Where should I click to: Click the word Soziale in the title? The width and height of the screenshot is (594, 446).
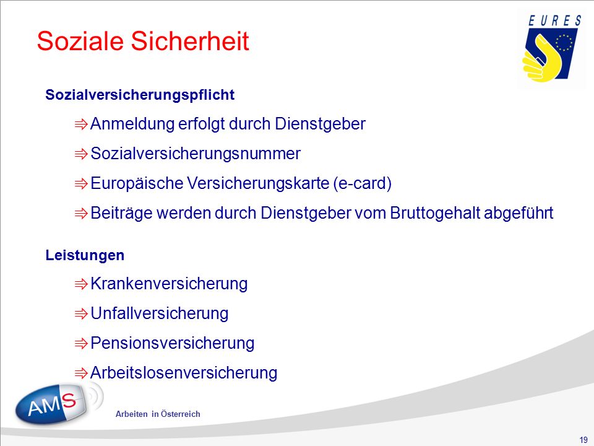point(80,41)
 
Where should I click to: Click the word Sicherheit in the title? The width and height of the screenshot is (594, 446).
point(190,41)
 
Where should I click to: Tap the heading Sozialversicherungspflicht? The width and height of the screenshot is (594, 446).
point(140,95)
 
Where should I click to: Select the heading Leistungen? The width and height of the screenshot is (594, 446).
point(85,255)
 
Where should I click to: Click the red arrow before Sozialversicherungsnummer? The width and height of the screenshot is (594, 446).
point(81,154)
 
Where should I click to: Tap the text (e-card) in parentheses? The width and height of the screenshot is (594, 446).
point(362,183)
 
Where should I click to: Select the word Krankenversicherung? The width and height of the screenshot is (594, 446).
point(169,284)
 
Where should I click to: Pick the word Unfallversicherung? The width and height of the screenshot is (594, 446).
point(160,313)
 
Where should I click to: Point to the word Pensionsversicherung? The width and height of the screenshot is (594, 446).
point(173,343)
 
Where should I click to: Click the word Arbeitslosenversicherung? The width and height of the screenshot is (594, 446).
point(184,372)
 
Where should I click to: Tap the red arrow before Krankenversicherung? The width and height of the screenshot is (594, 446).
point(81,284)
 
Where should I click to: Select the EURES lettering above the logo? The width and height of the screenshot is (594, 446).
point(554,21)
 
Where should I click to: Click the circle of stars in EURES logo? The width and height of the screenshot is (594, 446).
point(564,43)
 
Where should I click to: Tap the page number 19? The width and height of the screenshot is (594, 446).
point(583,440)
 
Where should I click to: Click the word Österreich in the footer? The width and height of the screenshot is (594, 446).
point(180,414)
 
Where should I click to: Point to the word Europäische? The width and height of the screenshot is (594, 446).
point(137,183)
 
